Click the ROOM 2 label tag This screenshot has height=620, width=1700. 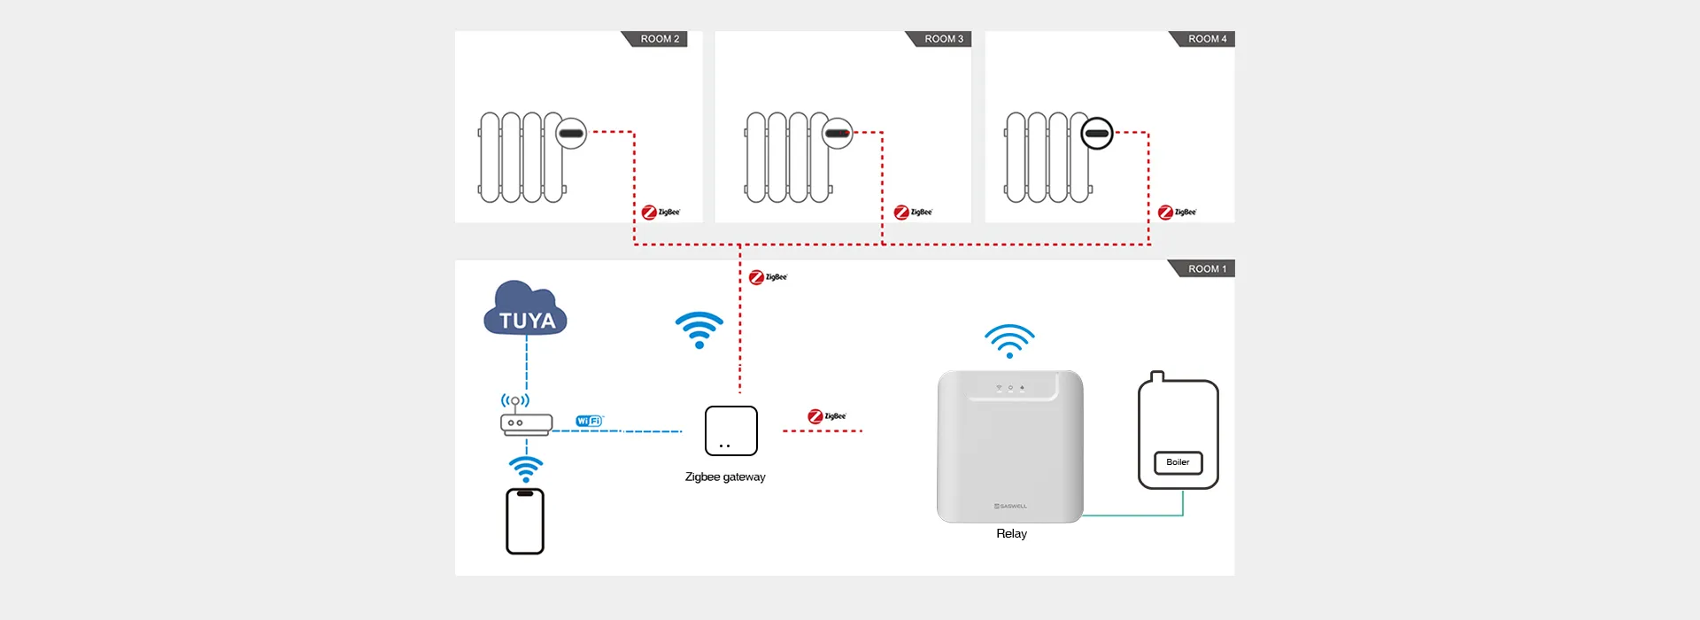[660, 39]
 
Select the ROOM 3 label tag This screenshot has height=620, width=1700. [943, 39]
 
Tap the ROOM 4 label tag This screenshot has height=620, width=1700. [1207, 39]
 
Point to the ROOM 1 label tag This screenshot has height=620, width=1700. [1207, 269]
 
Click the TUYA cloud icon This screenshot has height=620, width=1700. [526, 310]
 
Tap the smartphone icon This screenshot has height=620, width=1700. [525, 522]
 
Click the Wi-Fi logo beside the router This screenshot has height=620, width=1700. [589, 421]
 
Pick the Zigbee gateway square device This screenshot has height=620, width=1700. [731, 430]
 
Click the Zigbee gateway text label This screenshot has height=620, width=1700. [725, 477]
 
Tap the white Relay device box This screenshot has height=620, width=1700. [1010, 446]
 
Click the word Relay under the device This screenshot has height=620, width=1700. [1011, 533]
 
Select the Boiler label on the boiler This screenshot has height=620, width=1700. [1178, 462]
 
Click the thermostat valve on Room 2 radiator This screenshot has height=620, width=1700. [571, 134]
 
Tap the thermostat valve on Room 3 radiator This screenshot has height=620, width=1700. [837, 134]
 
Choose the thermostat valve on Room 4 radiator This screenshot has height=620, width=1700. [1097, 134]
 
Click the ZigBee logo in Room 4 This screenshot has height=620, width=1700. [1177, 213]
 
